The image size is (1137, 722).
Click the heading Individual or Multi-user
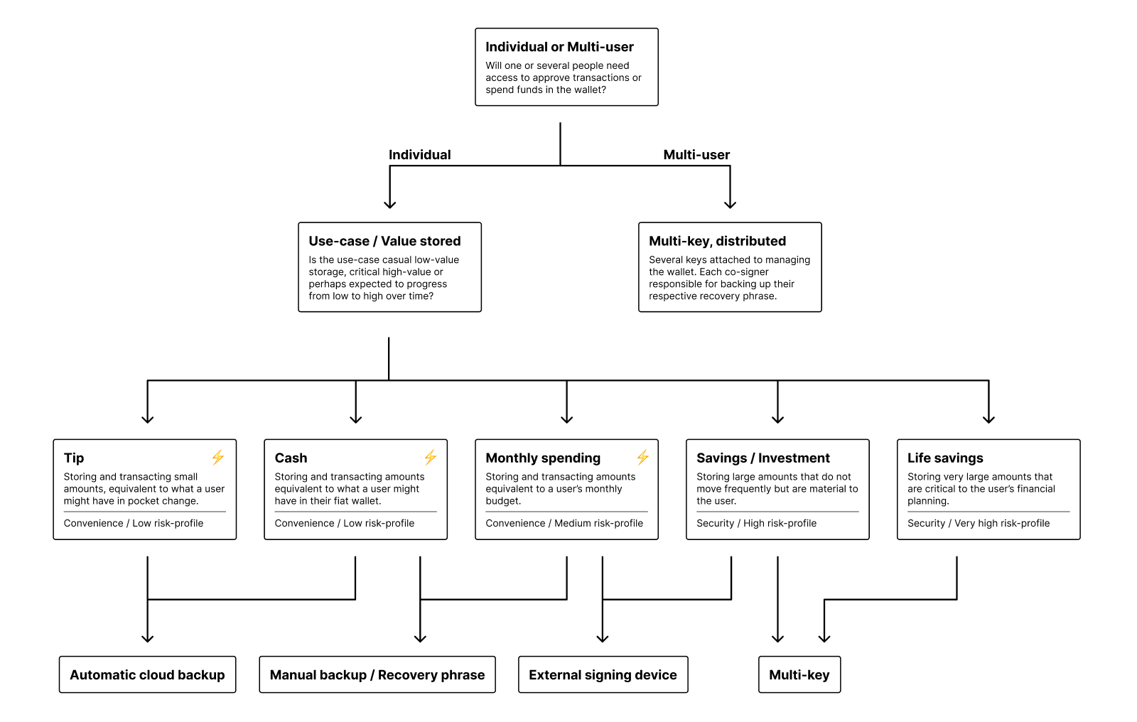559,47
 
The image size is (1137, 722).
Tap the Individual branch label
419,155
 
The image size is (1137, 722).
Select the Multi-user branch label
696,155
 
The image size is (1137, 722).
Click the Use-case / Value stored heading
384,241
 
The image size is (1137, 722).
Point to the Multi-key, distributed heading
717,241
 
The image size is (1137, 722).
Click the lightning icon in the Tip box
217,457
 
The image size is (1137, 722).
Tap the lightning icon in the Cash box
430,457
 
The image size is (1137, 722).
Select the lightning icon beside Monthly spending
642,457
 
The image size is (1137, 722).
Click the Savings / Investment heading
763,458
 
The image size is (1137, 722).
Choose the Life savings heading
944,458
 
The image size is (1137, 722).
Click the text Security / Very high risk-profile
978,523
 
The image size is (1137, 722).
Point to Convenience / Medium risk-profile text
564,523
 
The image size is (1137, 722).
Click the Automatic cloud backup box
147,674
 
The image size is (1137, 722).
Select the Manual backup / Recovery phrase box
377,674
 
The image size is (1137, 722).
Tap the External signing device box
603,674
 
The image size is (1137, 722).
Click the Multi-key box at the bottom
799,674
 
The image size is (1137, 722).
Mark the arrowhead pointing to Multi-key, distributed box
730,205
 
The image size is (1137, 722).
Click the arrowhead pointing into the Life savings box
988,419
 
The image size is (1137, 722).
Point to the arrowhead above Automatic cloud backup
147,638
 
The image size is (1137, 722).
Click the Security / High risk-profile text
756,523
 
